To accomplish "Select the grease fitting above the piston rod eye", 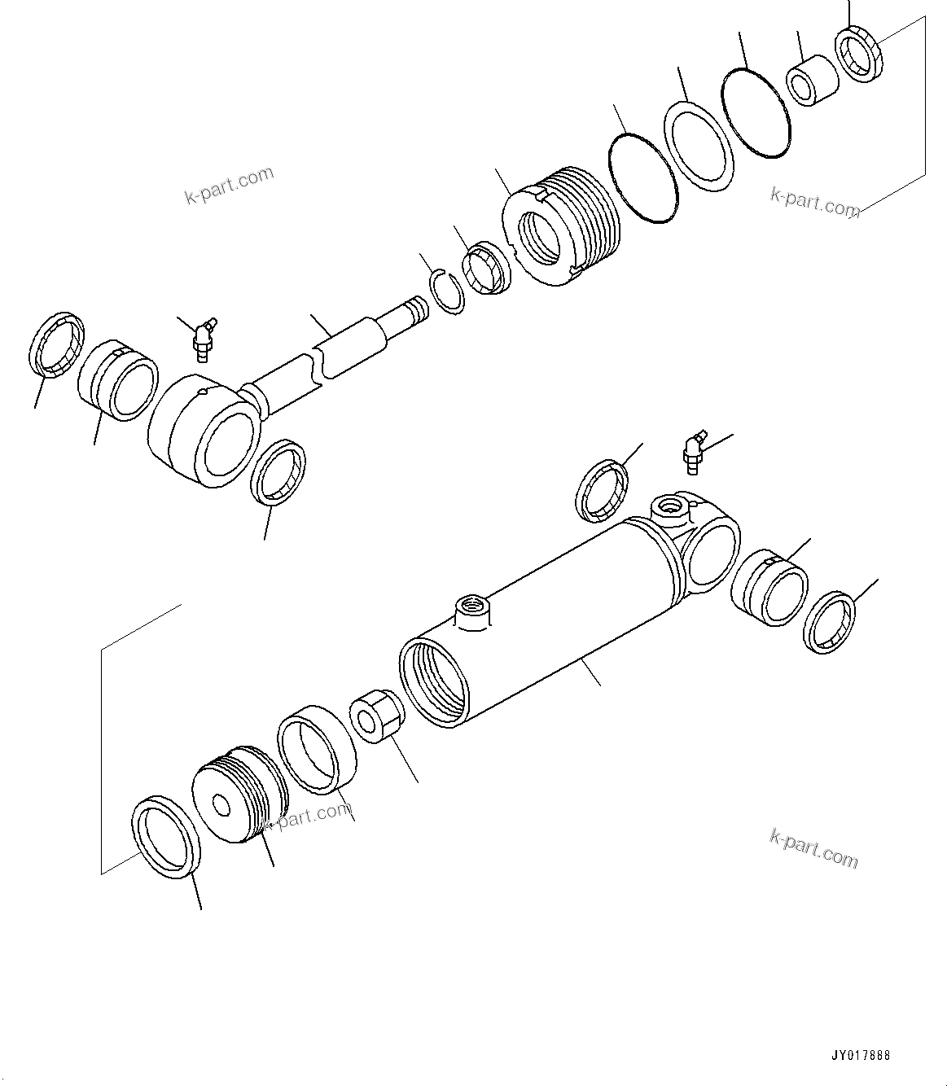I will (x=200, y=337).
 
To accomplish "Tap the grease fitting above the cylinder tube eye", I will (x=692, y=453).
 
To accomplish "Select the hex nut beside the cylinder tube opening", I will (x=375, y=716).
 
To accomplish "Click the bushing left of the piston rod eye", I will (x=119, y=381).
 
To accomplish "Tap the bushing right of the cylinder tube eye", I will (x=769, y=586).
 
